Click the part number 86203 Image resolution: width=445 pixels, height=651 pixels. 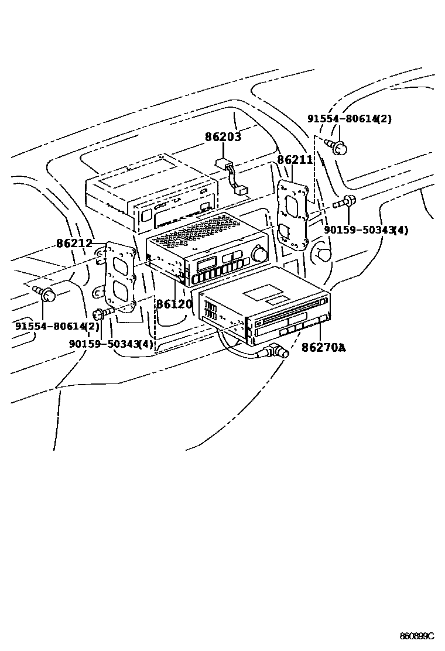[223, 138]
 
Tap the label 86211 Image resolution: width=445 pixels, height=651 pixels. [295, 160]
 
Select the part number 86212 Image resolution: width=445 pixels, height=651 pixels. [74, 243]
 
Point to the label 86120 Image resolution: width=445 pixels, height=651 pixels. [174, 304]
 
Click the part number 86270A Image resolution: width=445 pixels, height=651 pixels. [324, 348]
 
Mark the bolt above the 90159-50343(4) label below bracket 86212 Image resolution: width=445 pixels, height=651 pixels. [102, 314]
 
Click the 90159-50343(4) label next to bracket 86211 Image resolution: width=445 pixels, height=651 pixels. [366, 230]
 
